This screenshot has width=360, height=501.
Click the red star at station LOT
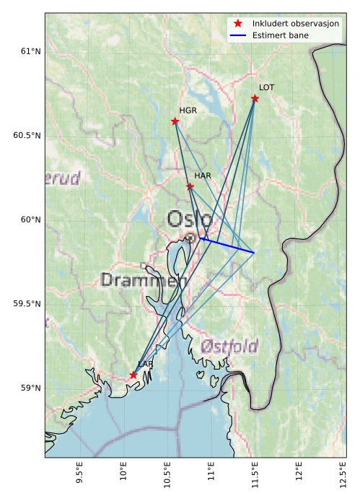pyautogui.click(x=255, y=98)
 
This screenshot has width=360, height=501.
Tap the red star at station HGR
pyautogui.click(x=175, y=121)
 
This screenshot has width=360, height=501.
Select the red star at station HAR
pyautogui.click(x=190, y=186)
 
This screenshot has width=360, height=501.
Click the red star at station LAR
pyautogui.click(x=133, y=375)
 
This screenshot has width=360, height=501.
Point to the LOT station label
pyautogui.click(x=266, y=87)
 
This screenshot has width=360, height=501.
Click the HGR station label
pyautogui.click(x=188, y=110)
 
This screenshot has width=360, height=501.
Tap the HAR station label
pyautogui.click(x=202, y=175)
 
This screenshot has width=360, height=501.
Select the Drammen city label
pyautogui.click(x=144, y=279)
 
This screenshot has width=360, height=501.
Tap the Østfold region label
pyautogui.click(x=229, y=346)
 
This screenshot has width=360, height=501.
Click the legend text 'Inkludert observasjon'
pyautogui.click(x=296, y=23)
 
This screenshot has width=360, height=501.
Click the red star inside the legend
pyautogui.click(x=239, y=23)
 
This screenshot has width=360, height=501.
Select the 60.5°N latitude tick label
pyautogui.click(x=27, y=136)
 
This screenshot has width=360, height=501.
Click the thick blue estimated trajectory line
pyautogui.click(x=229, y=245)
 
